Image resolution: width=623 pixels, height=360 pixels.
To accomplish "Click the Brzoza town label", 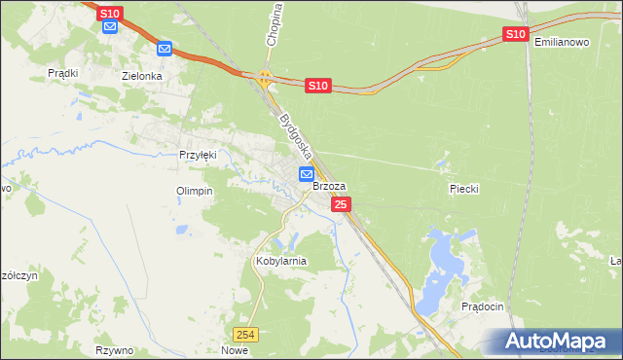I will click(x=329, y=186).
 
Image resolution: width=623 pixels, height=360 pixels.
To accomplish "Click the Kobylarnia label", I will click(x=280, y=261).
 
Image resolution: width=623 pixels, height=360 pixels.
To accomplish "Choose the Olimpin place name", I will click(x=194, y=191).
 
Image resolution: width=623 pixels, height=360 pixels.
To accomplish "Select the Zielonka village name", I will click(x=141, y=75).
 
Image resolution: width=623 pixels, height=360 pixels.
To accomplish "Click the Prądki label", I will click(x=63, y=73).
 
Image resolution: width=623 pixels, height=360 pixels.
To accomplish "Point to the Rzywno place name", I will click(x=114, y=350).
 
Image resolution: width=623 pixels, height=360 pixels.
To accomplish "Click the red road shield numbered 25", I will click(x=341, y=204).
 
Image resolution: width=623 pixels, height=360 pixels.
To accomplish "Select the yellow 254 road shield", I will click(x=250, y=334).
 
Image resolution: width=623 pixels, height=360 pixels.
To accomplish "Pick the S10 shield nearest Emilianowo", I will click(x=515, y=34).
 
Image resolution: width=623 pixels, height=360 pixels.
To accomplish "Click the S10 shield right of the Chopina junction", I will click(x=317, y=86).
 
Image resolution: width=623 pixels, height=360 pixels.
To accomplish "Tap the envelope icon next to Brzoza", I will click(x=307, y=174).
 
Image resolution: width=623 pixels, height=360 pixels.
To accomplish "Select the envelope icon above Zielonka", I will click(x=165, y=48).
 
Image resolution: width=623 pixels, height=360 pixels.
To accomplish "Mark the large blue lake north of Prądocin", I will click(x=445, y=260).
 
